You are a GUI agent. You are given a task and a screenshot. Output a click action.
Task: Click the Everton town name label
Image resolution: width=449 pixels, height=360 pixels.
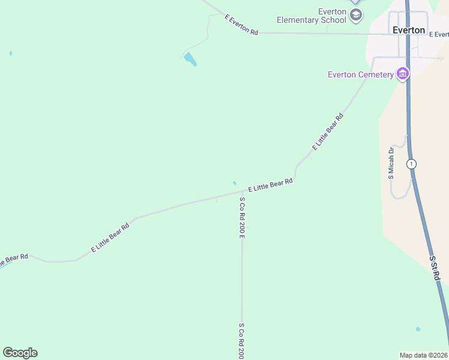(409, 30)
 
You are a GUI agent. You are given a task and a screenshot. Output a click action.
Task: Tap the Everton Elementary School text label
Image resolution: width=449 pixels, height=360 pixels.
(312, 16)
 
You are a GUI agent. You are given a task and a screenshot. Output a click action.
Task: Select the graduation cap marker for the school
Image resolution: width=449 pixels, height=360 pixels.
(356, 14)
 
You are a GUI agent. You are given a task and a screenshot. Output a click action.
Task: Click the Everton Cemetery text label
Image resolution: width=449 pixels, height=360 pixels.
(360, 74)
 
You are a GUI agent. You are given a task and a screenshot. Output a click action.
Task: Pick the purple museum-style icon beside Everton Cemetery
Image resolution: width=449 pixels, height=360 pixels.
(403, 74)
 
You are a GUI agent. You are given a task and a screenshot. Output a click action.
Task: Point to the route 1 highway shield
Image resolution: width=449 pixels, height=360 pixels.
(411, 163)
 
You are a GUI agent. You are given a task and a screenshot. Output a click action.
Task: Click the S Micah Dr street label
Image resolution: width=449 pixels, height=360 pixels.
(391, 163)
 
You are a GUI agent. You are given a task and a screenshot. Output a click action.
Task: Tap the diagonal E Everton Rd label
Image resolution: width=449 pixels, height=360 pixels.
(241, 25)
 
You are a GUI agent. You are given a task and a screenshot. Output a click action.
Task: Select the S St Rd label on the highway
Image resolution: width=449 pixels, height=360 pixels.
(435, 268)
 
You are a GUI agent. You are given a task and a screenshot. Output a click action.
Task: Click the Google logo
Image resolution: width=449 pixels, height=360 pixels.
(20, 353)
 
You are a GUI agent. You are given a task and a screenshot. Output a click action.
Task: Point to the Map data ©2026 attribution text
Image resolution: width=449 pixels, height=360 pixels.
(423, 355)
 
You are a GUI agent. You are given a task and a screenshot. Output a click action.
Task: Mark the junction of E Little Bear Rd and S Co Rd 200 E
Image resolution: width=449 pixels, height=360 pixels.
(242, 192)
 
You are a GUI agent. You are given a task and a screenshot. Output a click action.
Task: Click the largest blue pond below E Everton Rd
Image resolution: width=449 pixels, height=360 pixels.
(190, 59)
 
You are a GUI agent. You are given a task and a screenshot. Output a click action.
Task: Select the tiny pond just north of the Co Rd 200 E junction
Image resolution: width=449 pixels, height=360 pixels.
(234, 183)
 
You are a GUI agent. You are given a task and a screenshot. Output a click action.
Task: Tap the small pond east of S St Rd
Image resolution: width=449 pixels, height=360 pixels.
(418, 329)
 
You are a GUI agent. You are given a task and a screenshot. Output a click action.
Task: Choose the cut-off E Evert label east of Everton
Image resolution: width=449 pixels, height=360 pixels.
(438, 34)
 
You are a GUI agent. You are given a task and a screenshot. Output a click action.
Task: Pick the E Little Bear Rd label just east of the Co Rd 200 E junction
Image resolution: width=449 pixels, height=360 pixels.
(270, 185)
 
